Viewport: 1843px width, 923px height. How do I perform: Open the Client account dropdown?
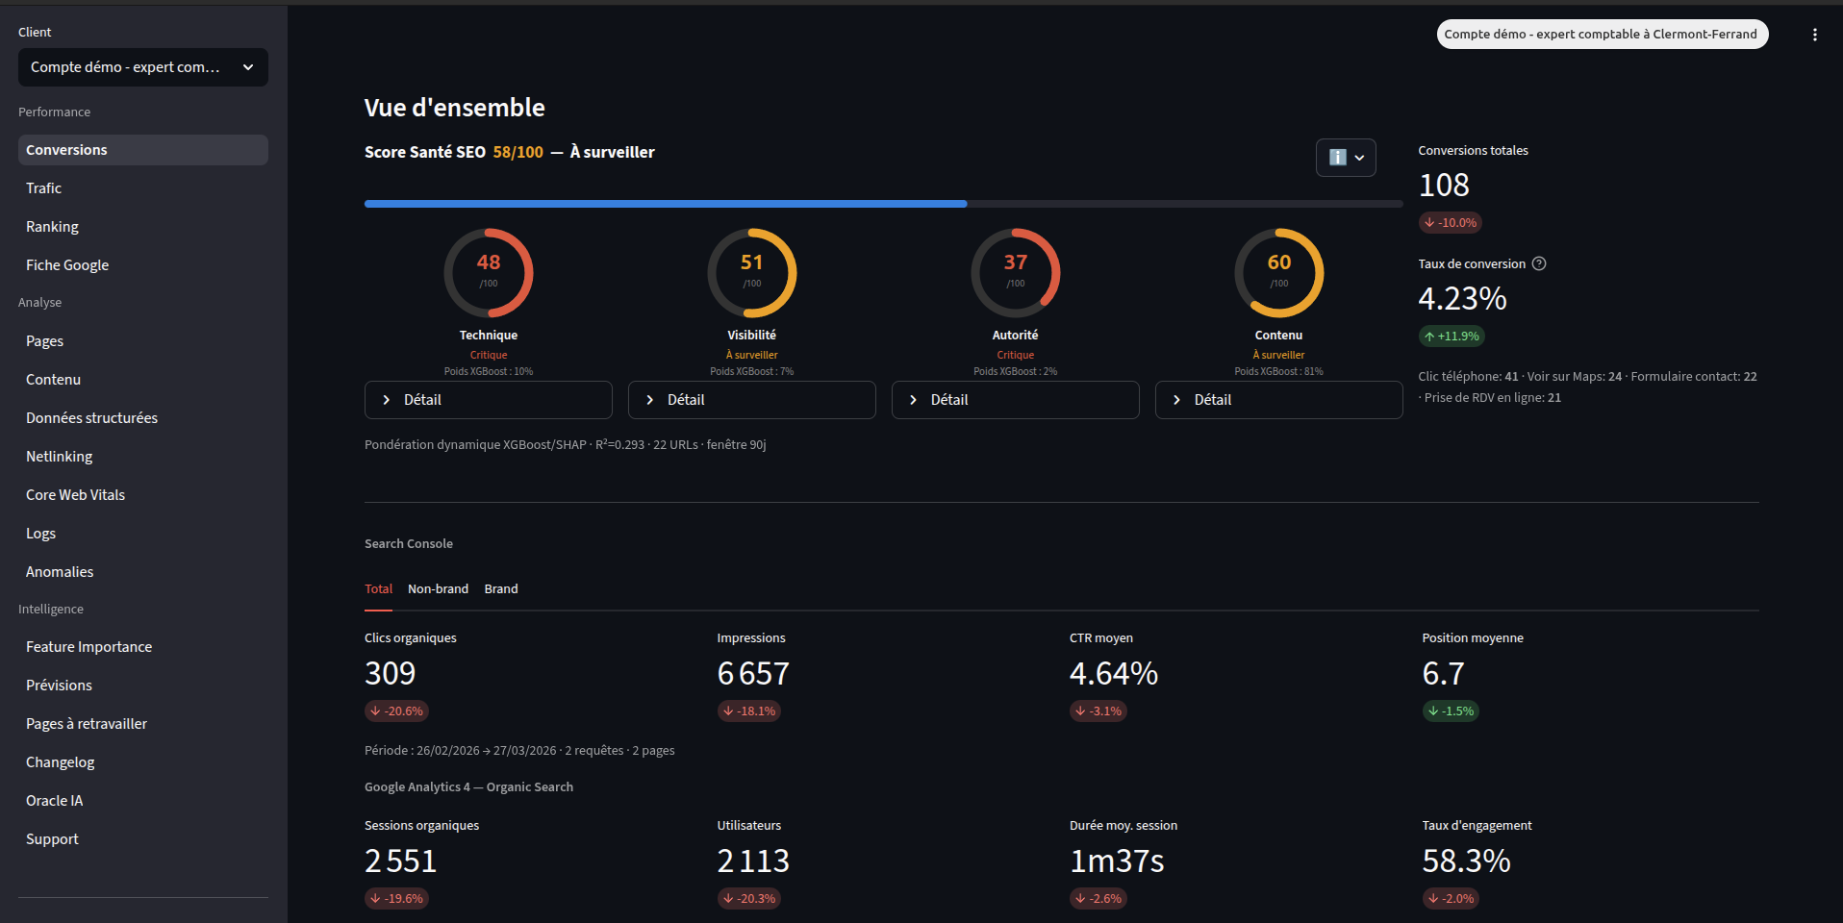(142, 67)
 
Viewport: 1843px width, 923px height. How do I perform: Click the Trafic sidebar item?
(44, 188)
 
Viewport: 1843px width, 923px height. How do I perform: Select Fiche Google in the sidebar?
(67, 265)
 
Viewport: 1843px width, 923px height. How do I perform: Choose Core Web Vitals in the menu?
(76, 495)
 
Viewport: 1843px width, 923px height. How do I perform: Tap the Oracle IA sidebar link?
(55, 801)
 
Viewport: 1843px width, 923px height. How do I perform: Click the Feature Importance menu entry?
(89, 647)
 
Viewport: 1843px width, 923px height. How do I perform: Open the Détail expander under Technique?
(488, 400)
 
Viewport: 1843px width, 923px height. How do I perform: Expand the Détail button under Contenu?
(1278, 400)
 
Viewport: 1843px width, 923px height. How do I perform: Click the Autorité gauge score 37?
(1015, 262)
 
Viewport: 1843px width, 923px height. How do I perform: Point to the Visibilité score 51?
(751, 262)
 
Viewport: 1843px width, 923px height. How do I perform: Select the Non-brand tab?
(438, 589)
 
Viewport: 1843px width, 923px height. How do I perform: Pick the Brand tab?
(501, 589)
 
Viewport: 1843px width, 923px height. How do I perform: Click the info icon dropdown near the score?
(1346, 158)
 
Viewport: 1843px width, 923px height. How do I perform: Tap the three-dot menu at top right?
(1814, 35)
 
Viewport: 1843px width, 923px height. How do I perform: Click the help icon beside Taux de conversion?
(1539, 263)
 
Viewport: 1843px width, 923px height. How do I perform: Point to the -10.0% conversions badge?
(1451, 223)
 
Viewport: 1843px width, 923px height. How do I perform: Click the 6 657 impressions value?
(753, 674)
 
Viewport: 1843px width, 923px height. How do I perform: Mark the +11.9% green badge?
(1452, 337)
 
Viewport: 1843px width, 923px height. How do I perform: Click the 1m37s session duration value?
(1117, 861)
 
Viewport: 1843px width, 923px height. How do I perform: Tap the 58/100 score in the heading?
(518, 152)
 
